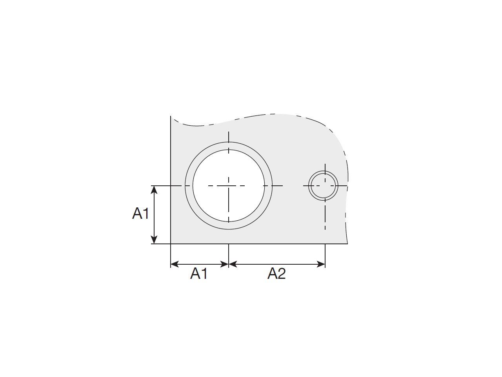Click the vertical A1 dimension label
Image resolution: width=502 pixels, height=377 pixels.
pos(140,213)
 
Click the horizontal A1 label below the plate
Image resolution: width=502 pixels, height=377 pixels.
pos(199,274)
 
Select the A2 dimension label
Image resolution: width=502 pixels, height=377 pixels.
pos(276,274)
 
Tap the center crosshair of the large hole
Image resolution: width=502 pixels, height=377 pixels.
pos(229,186)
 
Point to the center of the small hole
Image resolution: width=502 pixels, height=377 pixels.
pos(325,186)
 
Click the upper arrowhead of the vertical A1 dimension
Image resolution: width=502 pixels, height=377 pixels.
pos(155,190)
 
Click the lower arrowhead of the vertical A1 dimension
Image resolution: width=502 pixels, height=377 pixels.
pos(155,240)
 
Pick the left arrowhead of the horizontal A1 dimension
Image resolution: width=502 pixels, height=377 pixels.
pos(175,264)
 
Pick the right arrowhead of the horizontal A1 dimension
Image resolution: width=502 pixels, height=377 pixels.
pos(225,264)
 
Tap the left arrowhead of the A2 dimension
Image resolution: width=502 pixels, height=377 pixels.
pos(233,264)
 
